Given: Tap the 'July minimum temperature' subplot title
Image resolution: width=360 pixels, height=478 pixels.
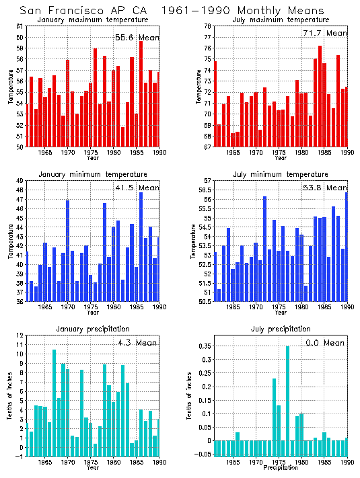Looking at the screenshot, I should [277, 175].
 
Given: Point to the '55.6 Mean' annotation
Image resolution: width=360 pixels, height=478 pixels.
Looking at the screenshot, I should [137, 38].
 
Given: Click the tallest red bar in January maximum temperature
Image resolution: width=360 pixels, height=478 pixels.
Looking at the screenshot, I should [141, 94].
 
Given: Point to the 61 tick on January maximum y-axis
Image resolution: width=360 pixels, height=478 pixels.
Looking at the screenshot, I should [20, 26].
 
